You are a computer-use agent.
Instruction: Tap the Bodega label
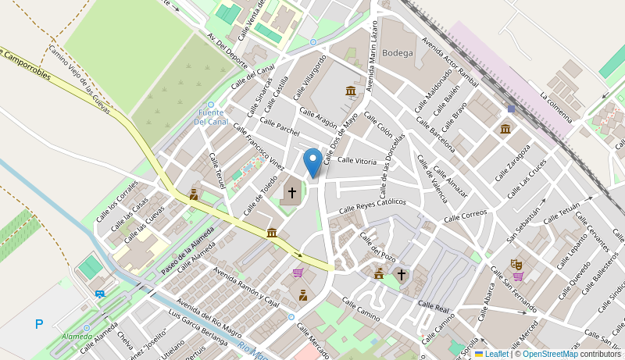click(x=398, y=53)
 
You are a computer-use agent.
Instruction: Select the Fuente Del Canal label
click(x=211, y=117)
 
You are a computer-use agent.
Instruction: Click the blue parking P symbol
click(x=39, y=324)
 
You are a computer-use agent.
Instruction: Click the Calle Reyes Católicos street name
click(x=372, y=206)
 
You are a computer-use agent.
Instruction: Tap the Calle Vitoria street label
click(x=357, y=161)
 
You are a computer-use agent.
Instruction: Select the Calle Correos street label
click(x=465, y=215)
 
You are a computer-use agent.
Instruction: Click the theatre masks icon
click(x=516, y=265)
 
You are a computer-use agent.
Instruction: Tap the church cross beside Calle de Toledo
click(x=292, y=192)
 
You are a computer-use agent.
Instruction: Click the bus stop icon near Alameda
click(x=100, y=294)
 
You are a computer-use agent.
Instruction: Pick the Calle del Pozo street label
click(x=377, y=245)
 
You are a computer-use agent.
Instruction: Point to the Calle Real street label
click(x=434, y=307)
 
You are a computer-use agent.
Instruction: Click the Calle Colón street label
click(x=378, y=124)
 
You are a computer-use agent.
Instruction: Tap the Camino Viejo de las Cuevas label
click(x=80, y=79)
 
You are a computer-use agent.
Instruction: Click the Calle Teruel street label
click(x=216, y=170)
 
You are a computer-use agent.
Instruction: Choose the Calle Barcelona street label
click(x=435, y=134)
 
